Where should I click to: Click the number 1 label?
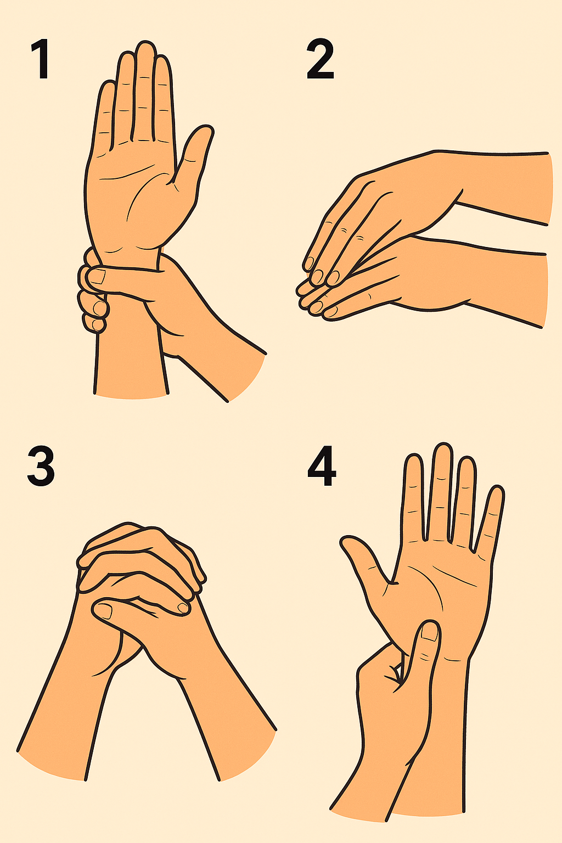(41, 59)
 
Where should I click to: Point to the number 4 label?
(322, 466)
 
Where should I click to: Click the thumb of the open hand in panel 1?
(192, 158)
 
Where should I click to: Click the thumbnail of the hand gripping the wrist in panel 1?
(98, 277)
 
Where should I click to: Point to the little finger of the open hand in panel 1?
(104, 113)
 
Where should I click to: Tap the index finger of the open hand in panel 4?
(414, 497)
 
